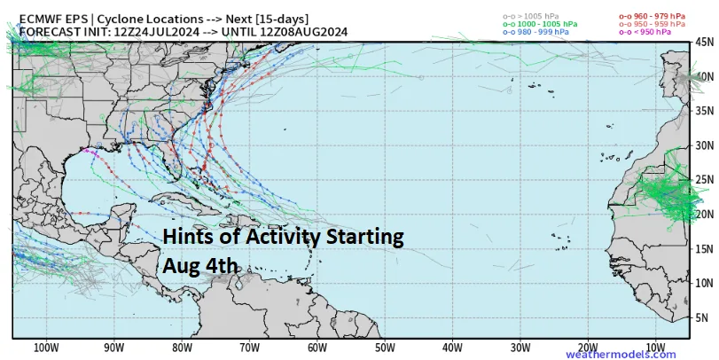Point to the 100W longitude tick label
(x=46, y=348)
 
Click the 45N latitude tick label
(x=705, y=42)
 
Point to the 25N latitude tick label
(x=705, y=180)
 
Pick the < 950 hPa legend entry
(x=644, y=32)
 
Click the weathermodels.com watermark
(x=632, y=355)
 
